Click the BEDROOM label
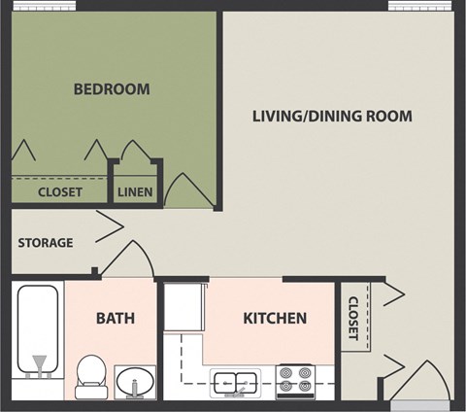pos(112,89)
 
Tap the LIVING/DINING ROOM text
pos(332,117)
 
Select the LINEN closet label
pos(134,191)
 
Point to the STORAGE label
pos(45,242)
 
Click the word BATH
pos(115,318)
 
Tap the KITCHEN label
pos(274,318)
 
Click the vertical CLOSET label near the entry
pos(352,318)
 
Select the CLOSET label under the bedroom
pos(59,191)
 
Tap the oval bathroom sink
pos(135,381)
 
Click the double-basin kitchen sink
pos(235,382)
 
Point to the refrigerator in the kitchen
pos(184,308)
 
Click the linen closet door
pos(133,152)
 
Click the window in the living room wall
pos(421,6)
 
